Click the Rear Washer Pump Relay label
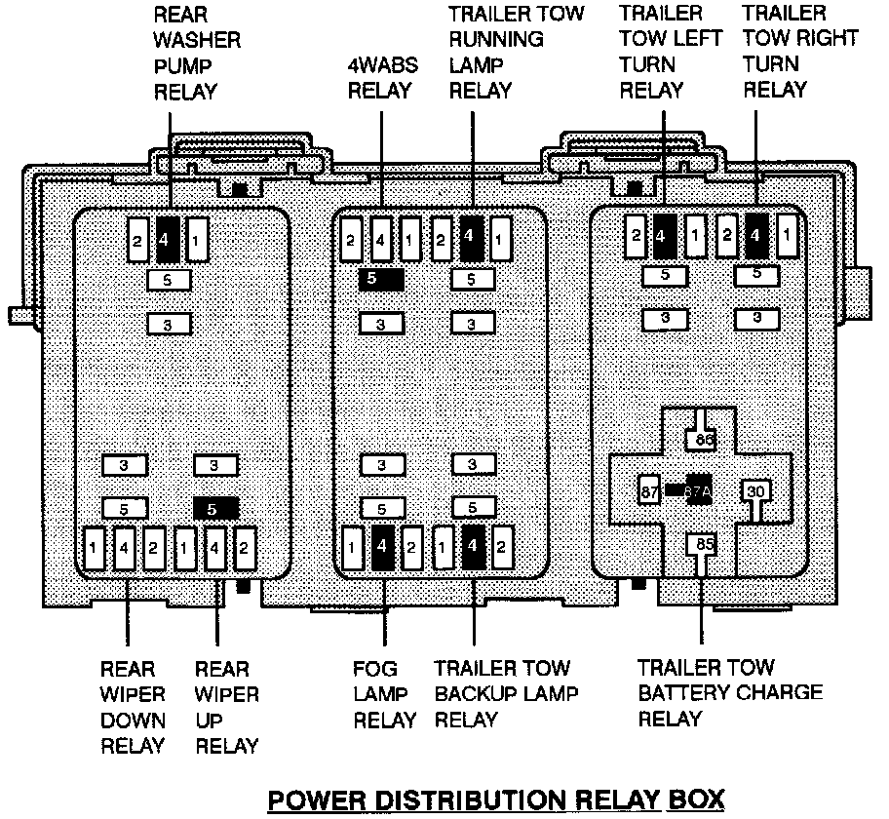(x=198, y=53)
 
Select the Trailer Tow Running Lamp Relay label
(x=516, y=53)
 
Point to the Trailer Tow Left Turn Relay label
(x=670, y=53)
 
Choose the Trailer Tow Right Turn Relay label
(x=799, y=53)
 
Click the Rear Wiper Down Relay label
(x=133, y=708)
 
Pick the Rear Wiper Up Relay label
(x=227, y=708)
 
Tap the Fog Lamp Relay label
(x=384, y=695)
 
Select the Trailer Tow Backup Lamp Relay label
(x=506, y=695)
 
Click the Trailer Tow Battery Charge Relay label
(x=730, y=693)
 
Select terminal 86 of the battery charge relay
(x=703, y=440)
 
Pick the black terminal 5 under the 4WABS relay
(x=381, y=280)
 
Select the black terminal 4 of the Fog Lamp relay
(x=383, y=547)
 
